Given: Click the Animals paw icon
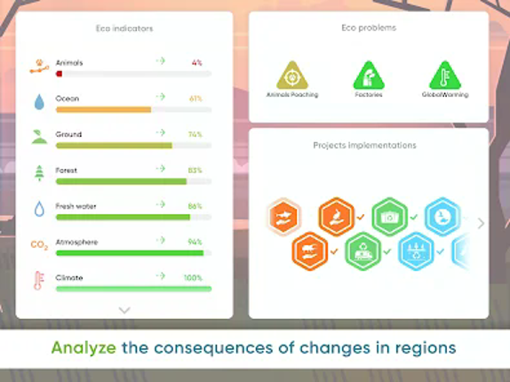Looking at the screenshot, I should (x=38, y=66).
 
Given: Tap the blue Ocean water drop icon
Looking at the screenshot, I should (x=38, y=102).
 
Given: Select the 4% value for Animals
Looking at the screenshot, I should (x=196, y=62).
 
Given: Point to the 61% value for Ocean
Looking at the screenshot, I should (x=195, y=98).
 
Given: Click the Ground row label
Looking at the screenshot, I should (x=68, y=134).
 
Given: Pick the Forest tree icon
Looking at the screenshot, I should (x=38, y=173).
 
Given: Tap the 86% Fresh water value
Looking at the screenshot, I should (x=195, y=206).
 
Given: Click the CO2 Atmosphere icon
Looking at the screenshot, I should (x=39, y=244).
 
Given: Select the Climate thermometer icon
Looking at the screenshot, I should (x=38, y=281).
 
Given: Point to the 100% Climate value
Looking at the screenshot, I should (x=193, y=277).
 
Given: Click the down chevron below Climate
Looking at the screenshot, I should (x=124, y=310).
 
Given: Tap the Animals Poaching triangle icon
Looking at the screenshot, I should (x=292, y=76).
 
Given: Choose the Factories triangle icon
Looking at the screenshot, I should (x=368, y=76).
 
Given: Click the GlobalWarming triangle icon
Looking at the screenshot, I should (x=445, y=76).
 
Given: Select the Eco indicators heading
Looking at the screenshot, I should (x=124, y=28).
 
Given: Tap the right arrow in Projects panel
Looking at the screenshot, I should (x=481, y=223).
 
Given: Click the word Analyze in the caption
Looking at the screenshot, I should (x=84, y=347).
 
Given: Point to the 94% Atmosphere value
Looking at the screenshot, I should (x=195, y=242).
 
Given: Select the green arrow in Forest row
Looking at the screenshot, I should (x=161, y=169).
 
